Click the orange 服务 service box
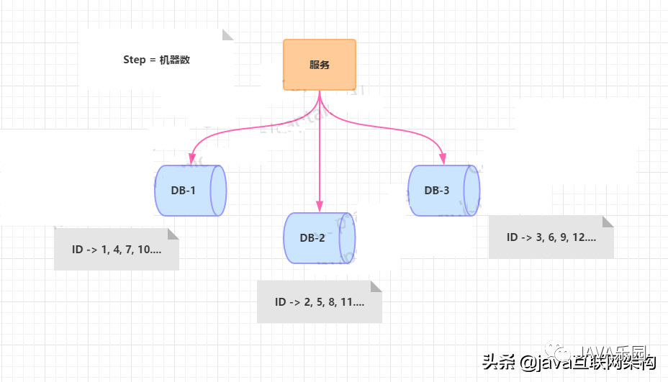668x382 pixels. pyautogui.click(x=320, y=65)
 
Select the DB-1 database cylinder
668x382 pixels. pyautogui.click(x=190, y=191)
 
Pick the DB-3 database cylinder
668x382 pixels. pyautogui.click(x=443, y=191)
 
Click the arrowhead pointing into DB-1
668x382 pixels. pyautogui.click(x=191, y=158)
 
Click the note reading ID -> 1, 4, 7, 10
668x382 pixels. pyautogui.click(x=116, y=250)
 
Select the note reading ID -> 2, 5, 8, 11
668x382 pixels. pyautogui.click(x=319, y=302)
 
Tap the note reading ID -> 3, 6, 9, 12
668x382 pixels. pyautogui.click(x=551, y=237)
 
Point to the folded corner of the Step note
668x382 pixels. pyautogui.click(x=228, y=35)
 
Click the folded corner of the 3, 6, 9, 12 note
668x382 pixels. pyautogui.click(x=608, y=222)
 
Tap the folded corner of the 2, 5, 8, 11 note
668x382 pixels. pyautogui.click(x=376, y=286)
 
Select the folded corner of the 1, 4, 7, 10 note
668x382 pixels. pyautogui.click(x=173, y=234)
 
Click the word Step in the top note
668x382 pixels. pyautogui.click(x=135, y=60)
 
